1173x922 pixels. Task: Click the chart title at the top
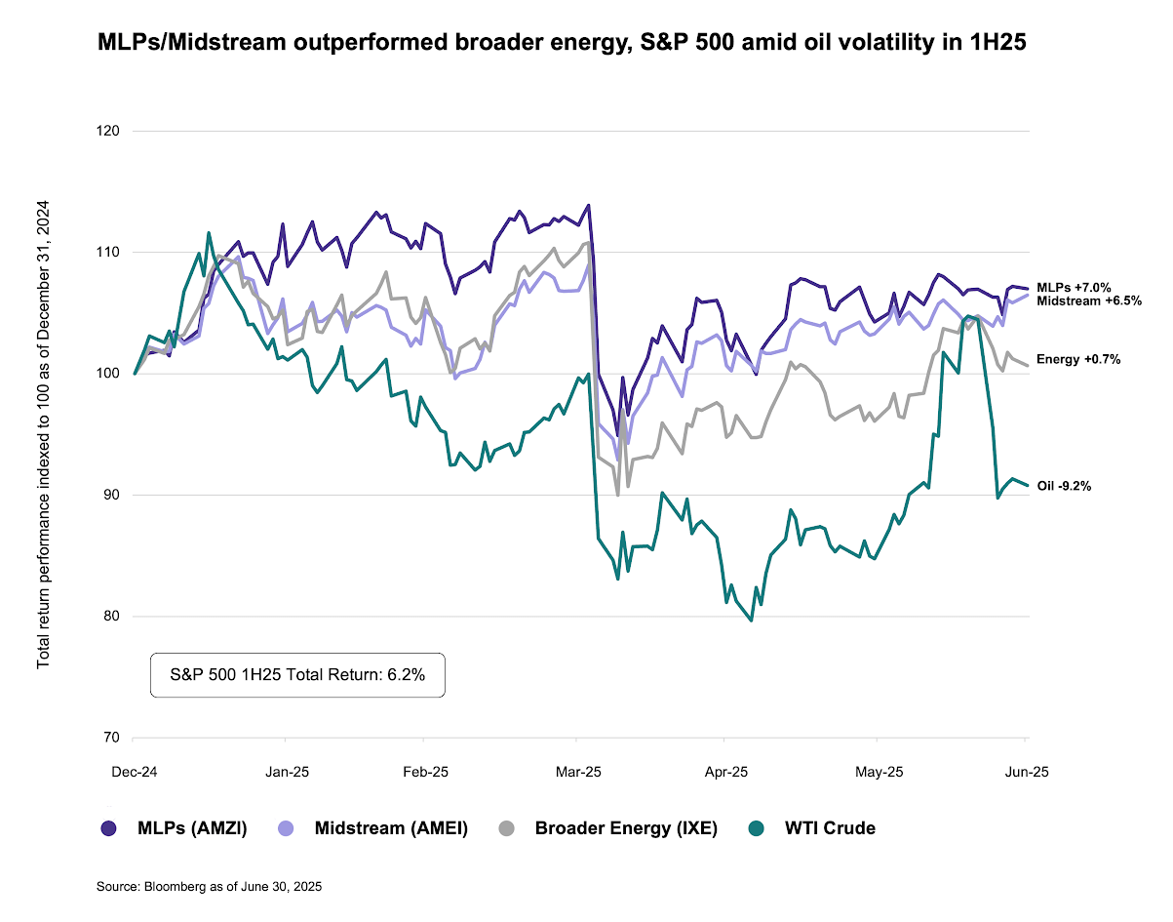click(563, 44)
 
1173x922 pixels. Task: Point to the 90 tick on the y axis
click(110, 495)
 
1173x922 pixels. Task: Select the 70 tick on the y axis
click(110, 738)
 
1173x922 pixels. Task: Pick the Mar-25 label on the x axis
click(578, 772)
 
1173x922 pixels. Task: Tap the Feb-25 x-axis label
click(425, 772)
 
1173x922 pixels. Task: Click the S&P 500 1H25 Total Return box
click(297, 675)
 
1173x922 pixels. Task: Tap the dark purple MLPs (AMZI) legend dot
click(109, 828)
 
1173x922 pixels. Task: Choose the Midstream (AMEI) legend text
click(391, 828)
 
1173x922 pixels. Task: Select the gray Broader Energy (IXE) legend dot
click(506, 828)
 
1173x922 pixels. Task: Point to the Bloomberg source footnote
click(209, 887)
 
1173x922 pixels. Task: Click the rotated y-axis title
click(44, 433)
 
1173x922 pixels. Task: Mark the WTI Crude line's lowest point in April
click(750, 621)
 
